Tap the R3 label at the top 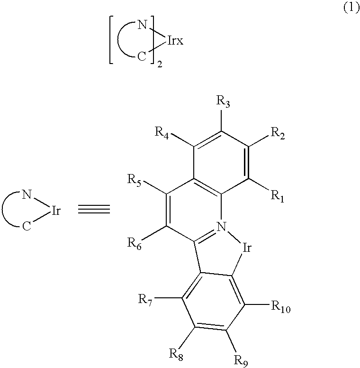(x=223, y=101)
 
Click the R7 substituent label (x=145, y=299)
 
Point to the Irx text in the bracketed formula (x=175, y=42)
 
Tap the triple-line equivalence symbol (x=94, y=209)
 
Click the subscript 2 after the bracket (x=160, y=65)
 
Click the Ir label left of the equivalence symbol (x=55, y=210)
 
